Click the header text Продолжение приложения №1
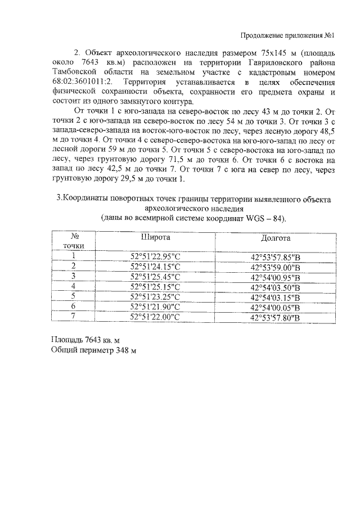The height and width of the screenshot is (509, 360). pyautogui.click(x=287, y=35)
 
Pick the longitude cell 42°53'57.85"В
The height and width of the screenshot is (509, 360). pyautogui.click(x=276, y=257)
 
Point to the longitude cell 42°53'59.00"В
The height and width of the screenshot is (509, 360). pyautogui.click(x=276, y=267)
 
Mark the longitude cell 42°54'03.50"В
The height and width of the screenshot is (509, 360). pyautogui.click(x=276, y=287)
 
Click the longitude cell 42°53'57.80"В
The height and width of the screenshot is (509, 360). pyautogui.click(x=276, y=318)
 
